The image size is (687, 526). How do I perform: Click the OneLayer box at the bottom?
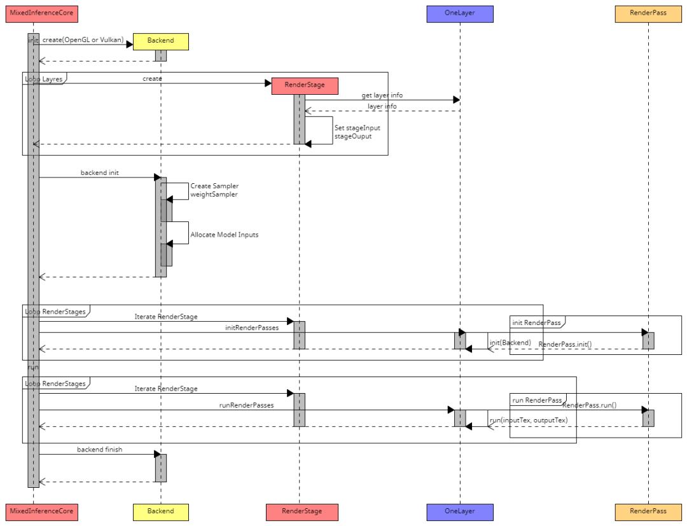pos(459,511)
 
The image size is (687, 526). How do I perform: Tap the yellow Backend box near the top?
pos(160,41)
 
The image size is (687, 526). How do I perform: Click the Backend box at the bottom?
pos(160,511)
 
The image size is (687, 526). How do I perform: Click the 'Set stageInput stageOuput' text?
pos(357,132)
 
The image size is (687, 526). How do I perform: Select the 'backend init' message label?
pos(99,172)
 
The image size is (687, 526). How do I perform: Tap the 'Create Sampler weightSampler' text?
pos(214,190)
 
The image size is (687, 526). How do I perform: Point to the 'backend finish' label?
pos(99,449)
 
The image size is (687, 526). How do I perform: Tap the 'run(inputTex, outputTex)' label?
pos(528,420)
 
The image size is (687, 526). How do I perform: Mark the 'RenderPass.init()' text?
pos(565,344)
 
